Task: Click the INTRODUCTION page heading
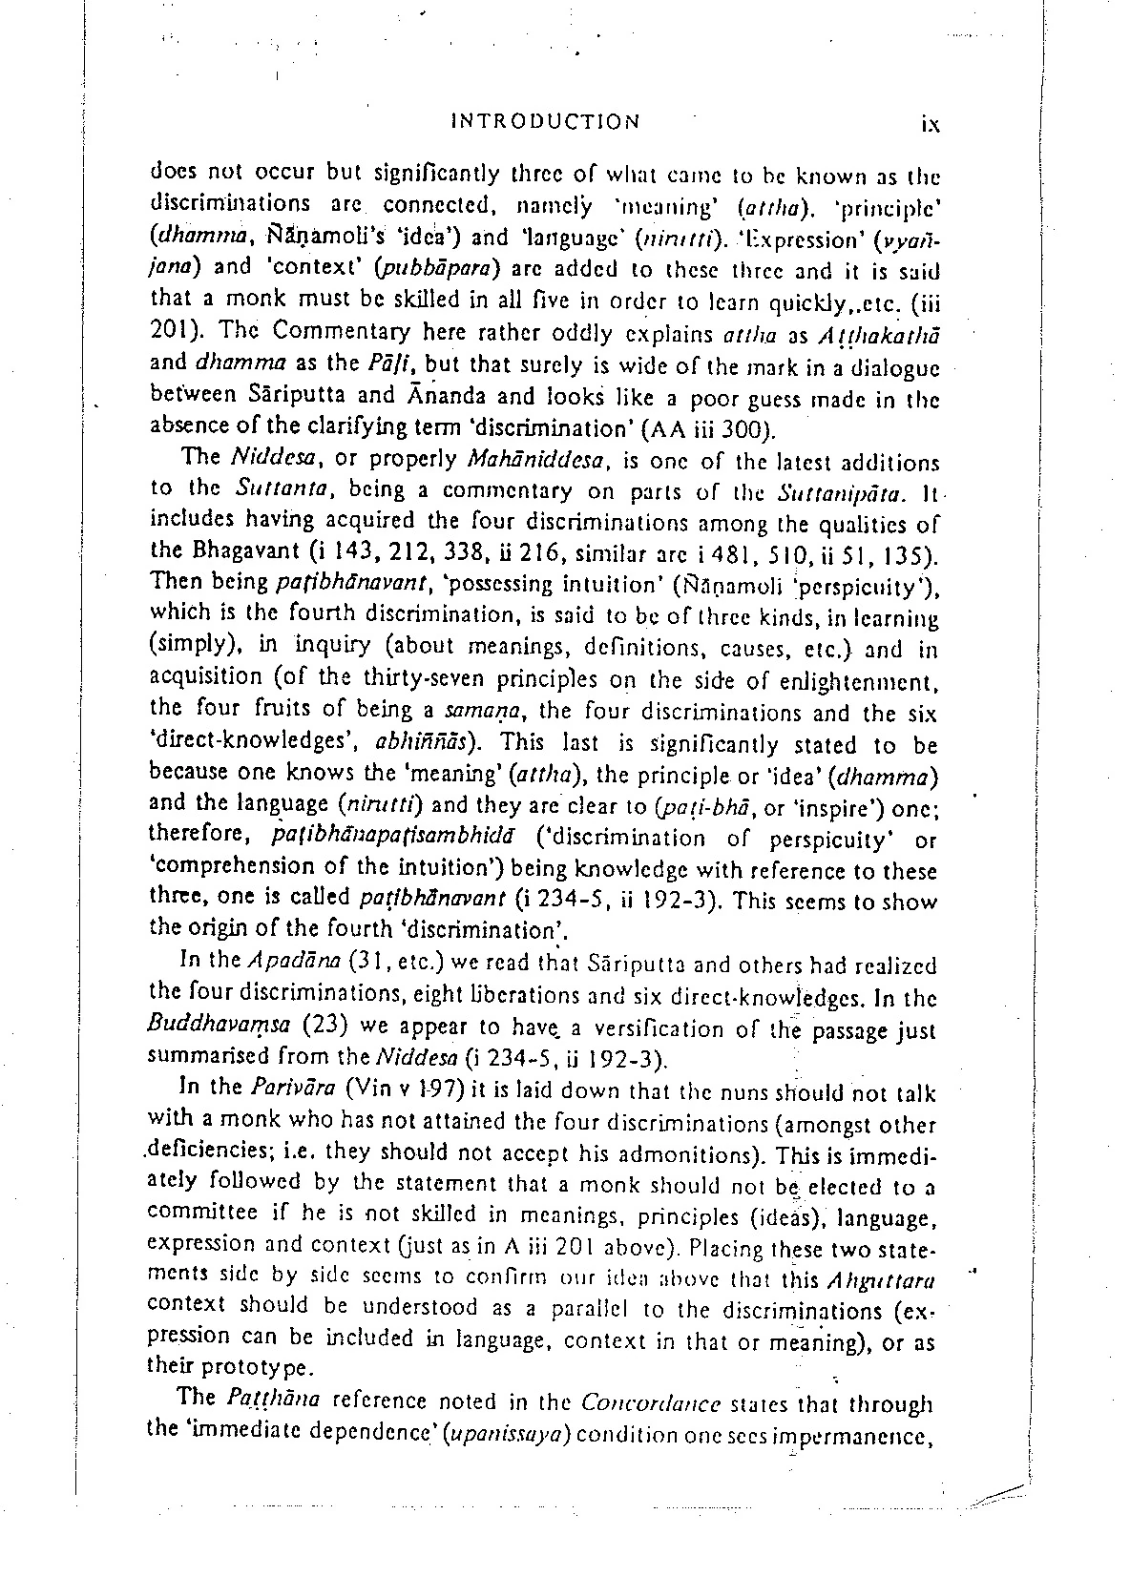click(x=545, y=121)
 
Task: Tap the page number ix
click(x=931, y=123)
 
